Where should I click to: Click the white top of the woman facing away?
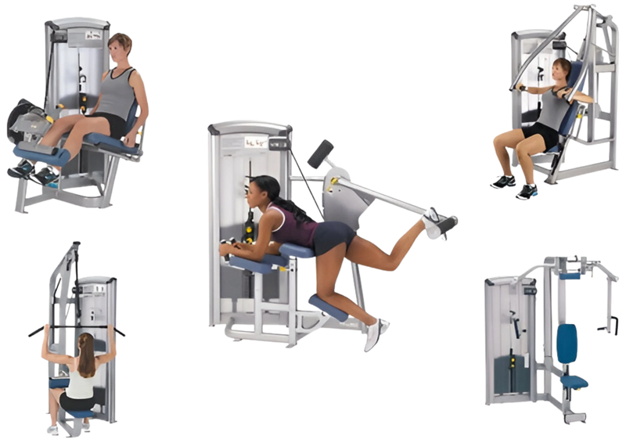[x=81, y=380]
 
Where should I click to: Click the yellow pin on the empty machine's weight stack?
[x=513, y=362]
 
